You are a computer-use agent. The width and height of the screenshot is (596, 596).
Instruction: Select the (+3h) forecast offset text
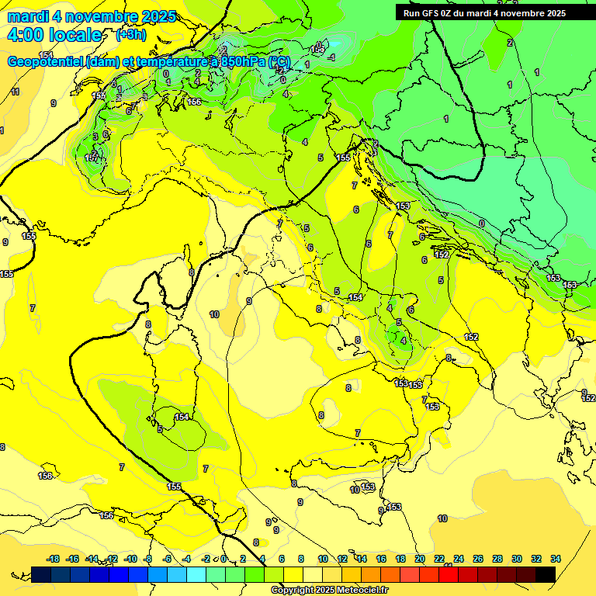click(130, 35)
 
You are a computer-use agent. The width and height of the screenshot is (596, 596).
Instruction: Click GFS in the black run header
click(429, 13)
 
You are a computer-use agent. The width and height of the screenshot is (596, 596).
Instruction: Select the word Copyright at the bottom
click(293, 591)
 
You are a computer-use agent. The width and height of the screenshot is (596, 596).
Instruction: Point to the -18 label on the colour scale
click(53, 559)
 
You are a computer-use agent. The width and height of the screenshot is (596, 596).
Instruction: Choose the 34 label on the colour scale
click(556, 559)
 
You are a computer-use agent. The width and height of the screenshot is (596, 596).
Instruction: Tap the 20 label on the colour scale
click(420, 559)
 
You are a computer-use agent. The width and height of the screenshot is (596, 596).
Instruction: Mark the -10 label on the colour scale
click(130, 559)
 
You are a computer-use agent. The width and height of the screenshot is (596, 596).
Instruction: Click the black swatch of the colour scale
click(546, 574)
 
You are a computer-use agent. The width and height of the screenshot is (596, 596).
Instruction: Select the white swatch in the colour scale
click(313, 574)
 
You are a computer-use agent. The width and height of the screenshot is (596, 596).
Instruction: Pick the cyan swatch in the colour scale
click(196, 574)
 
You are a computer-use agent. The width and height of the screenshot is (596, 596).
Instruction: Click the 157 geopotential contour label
click(91, 158)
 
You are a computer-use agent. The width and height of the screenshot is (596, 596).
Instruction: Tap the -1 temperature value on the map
click(331, 57)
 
